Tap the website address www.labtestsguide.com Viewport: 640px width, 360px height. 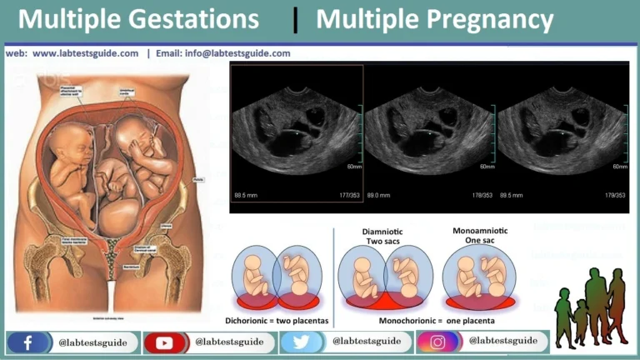85,53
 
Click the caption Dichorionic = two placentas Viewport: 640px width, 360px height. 277,320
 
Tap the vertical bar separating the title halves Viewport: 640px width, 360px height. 296,19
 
